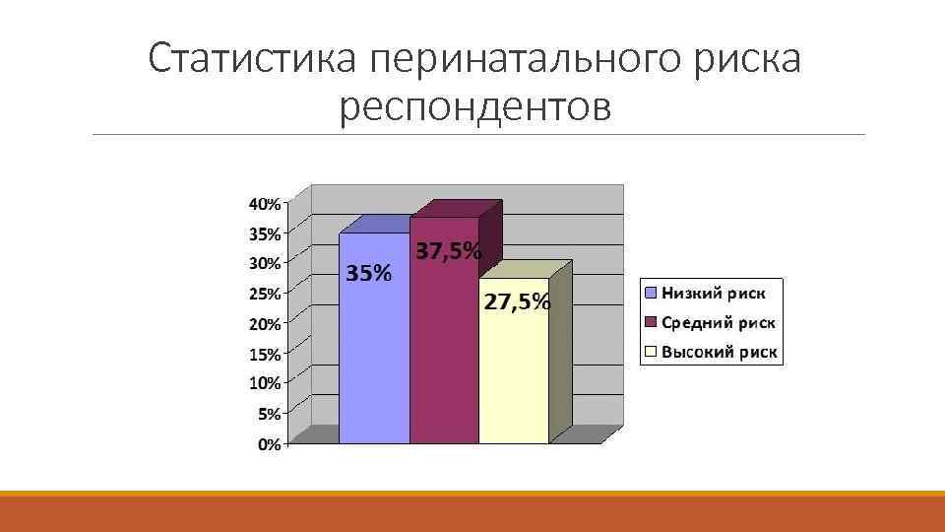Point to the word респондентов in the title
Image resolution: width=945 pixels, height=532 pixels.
(x=474, y=108)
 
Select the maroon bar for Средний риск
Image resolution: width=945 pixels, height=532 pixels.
(x=444, y=355)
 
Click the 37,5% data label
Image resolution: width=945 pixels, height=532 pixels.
(x=449, y=251)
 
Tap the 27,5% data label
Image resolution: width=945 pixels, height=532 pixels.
(x=517, y=301)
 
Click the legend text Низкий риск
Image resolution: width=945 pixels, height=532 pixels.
(x=720, y=293)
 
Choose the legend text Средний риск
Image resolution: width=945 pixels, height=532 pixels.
(x=719, y=322)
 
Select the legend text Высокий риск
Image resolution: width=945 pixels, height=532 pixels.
(x=720, y=352)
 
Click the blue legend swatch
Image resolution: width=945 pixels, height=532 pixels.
(x=651, y=293)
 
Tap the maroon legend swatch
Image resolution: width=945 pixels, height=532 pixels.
(x=651, y=322)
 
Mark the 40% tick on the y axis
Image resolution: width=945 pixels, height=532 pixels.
(x=263, y=204)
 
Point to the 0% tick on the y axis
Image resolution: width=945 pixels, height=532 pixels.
(x=268, y=444)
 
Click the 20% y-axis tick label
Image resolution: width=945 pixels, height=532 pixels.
(x=264, y=323)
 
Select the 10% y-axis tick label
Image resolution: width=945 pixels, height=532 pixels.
(x=264, y=382)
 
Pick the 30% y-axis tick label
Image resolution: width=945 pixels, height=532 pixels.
(x=264, y=263)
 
